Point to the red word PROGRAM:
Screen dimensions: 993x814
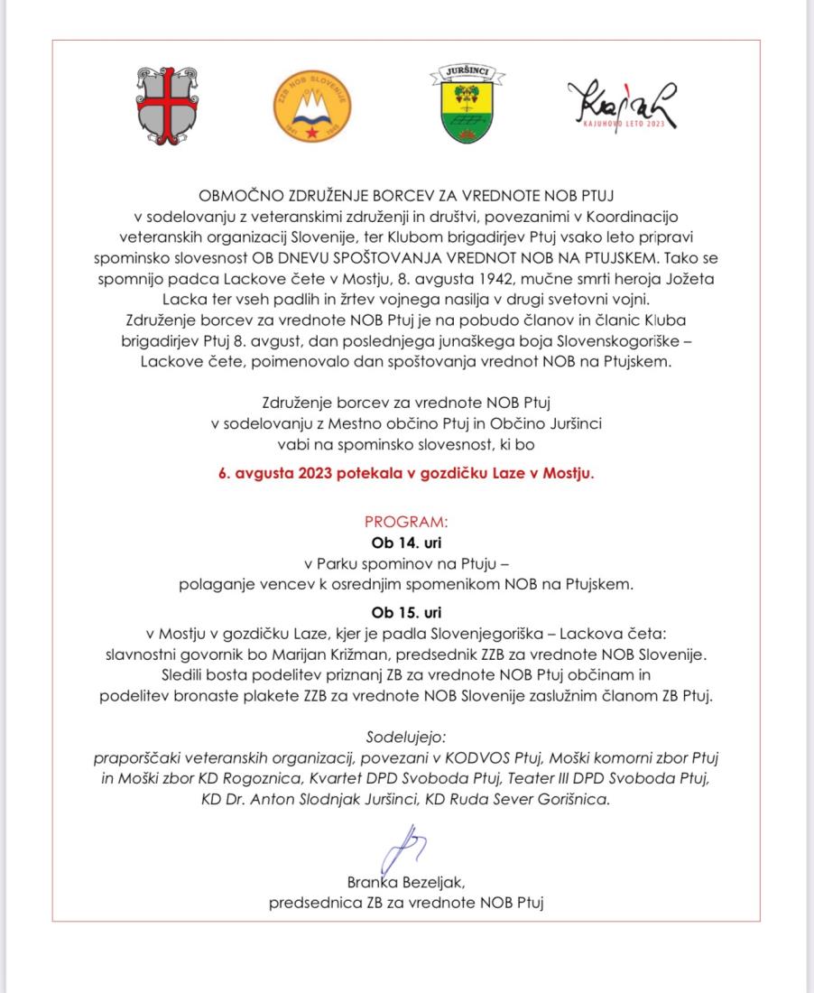tap(406, 523)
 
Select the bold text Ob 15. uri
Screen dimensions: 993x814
tap(406, 613)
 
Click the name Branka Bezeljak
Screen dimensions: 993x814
tap(406, 882)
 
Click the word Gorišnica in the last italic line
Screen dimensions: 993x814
tap(577, 797)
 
